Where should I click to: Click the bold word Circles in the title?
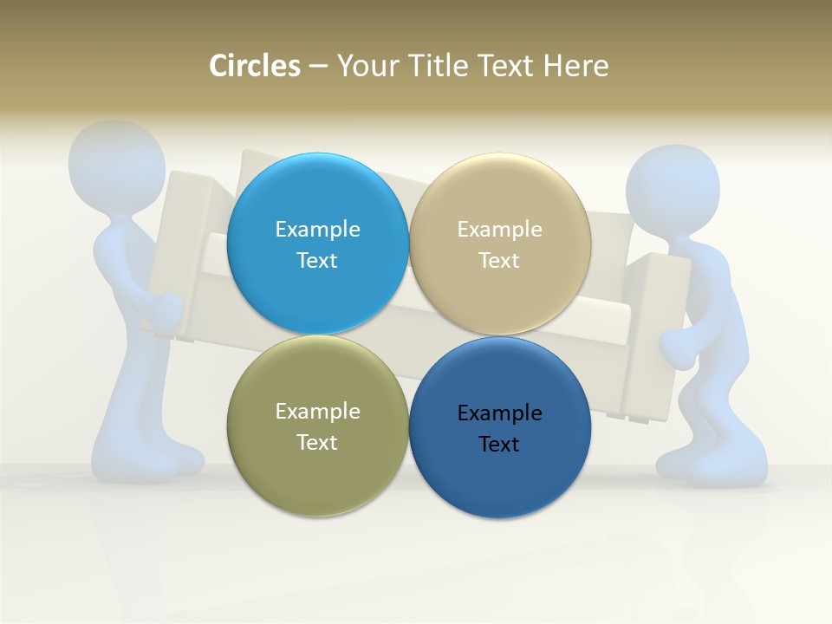pyautogui.click(x=254, y=66)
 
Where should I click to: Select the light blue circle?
pyautogui.click(x=317, y=244)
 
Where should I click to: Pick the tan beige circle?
pyautogui.click(x=499, y=244)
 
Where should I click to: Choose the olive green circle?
pyautogui.click(x=317, y=426)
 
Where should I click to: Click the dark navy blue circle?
pyautogui.click(x=499, y=427)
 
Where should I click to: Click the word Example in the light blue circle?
pyautogui.click(x=317, y=229)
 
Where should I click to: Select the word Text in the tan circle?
pyautogui.click(x=499, y=260)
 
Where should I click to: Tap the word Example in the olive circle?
pyautogui.click(x=317, y=411)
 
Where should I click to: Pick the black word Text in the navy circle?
pyautogui.click(x=499, y=444)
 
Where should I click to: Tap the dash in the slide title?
pyautogui.click(x=318, y=67)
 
